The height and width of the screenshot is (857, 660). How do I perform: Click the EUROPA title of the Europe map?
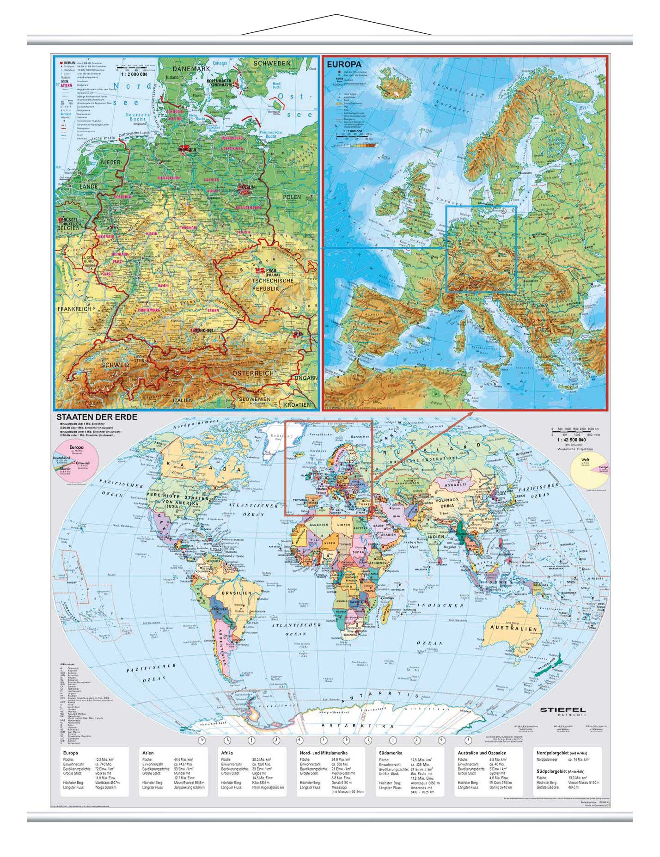click(x=344, y=65)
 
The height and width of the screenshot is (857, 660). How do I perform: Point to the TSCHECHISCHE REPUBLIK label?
click(x=273, y=284)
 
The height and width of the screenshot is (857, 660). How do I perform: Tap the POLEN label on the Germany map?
click(x=292, y=197)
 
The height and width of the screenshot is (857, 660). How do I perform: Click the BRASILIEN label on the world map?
click(x=237, y=593)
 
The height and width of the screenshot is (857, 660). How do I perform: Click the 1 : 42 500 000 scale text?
click(x=572, y=440)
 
